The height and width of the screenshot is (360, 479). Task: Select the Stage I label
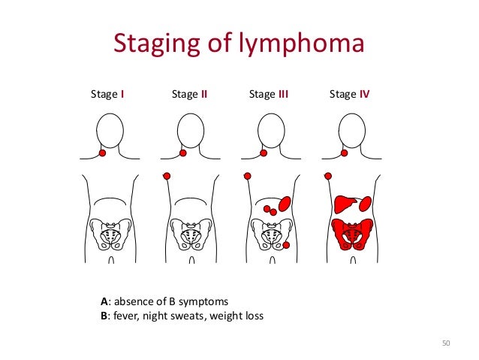coord(107,95)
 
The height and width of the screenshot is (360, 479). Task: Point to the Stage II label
coord(189,95)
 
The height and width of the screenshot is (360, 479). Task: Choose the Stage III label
coord(269,95)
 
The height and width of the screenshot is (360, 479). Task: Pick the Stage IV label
coord(350,95)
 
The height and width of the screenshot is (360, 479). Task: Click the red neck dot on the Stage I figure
coord(102,153)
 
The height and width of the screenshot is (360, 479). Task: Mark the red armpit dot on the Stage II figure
coord(167,176)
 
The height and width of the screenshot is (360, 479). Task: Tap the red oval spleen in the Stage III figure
coord(285,203)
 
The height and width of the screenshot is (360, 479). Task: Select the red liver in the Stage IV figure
coord(346,204)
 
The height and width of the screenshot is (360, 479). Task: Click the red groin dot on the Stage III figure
coord(286,247)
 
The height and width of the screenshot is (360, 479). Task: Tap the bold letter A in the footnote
coord(104,301)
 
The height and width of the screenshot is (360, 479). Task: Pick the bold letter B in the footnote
coord(104,316)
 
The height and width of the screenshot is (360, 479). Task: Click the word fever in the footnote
coord(125,316)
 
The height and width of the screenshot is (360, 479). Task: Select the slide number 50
coord(445,343)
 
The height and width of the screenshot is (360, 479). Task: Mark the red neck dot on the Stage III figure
coord(263,153)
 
